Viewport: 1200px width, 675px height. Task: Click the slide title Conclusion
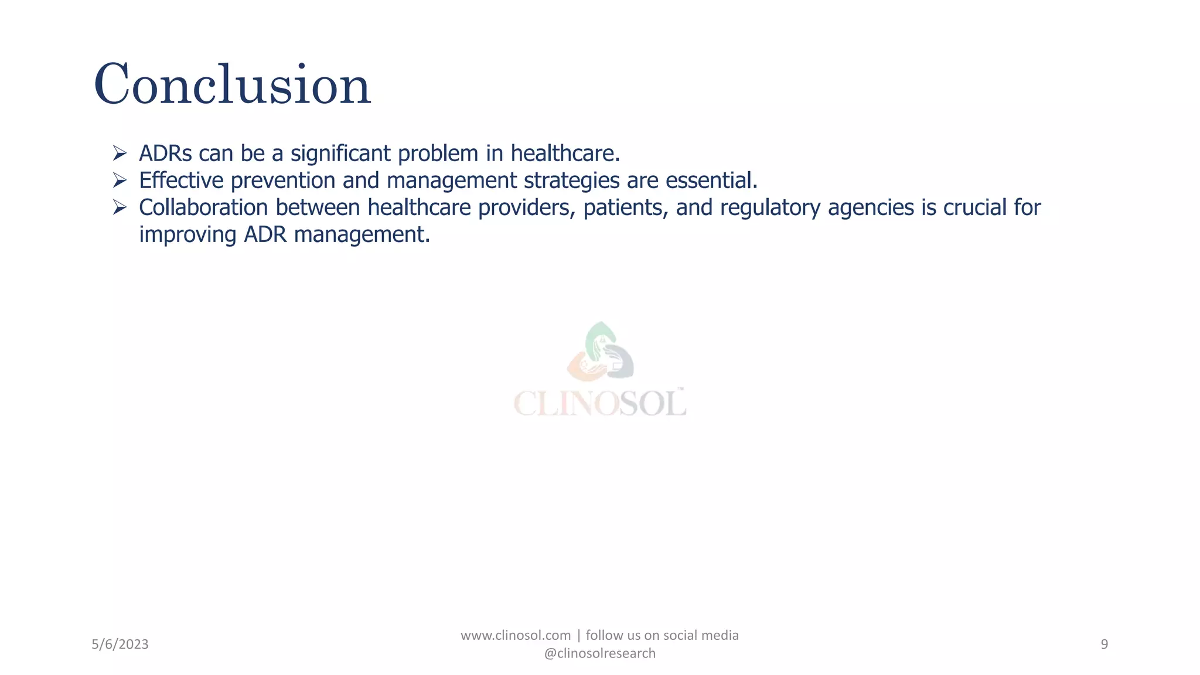(232, 85)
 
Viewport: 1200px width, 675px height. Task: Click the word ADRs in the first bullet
(165, 154)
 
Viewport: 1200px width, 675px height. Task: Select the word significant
(340, 154)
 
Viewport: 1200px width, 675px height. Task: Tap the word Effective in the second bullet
(181, 180)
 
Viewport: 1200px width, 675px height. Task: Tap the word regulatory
(770, 207)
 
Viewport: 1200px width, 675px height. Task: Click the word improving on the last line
(187, 234)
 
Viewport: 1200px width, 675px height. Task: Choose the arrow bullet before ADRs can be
(120, 154)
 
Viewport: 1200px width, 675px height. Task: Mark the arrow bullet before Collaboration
(120, 207)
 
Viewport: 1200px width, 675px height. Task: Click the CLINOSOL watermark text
(599, 403)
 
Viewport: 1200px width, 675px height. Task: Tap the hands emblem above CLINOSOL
(599, 352)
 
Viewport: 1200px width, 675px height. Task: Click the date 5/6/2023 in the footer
(120, 645)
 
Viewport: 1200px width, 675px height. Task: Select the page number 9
(1104, 645)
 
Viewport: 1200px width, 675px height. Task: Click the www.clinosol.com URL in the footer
(516, 636)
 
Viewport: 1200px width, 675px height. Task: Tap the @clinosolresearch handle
(599, 653)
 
